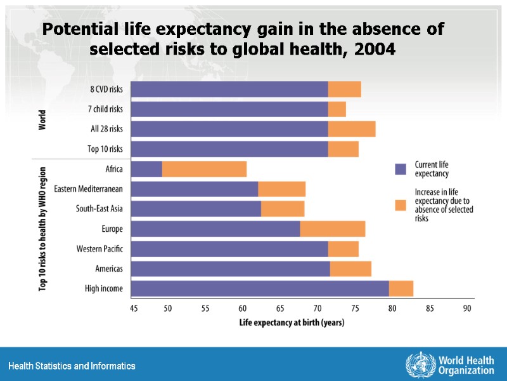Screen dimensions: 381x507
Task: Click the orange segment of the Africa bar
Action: click(204, 170)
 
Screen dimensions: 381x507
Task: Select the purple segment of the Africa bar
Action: click(146, 170)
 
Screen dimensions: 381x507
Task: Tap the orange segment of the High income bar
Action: click(401, 288)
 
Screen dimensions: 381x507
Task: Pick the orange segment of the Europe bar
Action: click(332, 229)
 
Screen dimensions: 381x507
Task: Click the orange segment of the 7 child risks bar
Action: click(337, 109)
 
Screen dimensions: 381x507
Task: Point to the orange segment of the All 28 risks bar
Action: click(352, 129)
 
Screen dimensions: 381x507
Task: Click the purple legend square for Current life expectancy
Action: click(400, 169)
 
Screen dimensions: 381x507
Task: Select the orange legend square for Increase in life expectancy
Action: click(400, 204)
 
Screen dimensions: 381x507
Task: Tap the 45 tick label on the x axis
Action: click(134, 309)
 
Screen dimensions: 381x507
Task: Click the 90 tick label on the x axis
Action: click(467, 309)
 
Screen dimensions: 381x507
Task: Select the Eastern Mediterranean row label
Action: click(88, 189)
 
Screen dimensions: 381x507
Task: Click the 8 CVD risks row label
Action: click(106, 90)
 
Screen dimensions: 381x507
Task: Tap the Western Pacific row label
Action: click(99, 248)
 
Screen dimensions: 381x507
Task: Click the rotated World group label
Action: click(42, 119)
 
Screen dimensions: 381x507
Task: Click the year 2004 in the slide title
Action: click(375, 49)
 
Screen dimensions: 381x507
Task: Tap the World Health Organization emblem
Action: click(418, 364)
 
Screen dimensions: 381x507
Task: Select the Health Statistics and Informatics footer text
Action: click(72, 366)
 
